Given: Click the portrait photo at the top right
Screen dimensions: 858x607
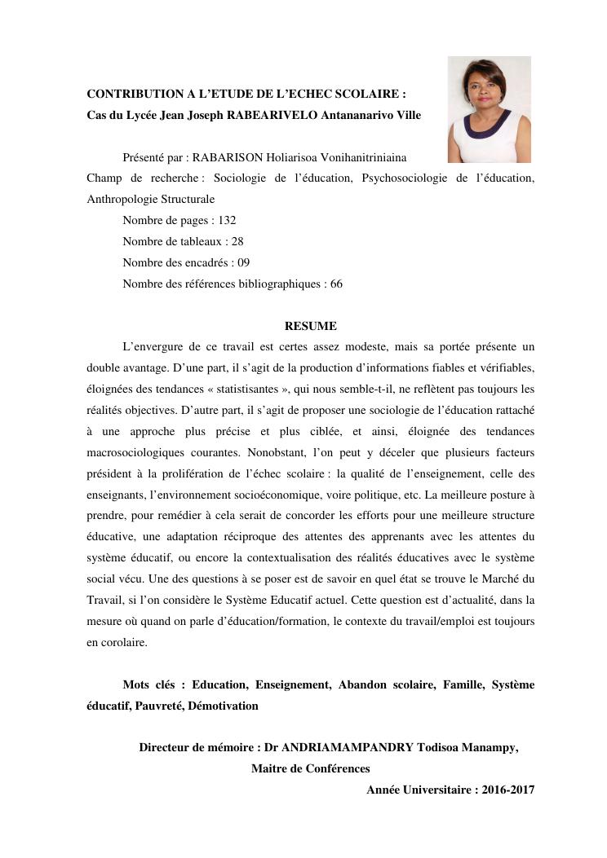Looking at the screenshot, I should [x=490, y=109].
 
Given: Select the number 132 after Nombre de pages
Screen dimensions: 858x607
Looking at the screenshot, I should [x=227, y=220].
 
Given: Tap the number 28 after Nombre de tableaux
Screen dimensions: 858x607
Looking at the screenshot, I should [x=237, y=241].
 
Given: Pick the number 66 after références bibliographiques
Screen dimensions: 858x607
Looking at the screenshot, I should [x=336, y=284].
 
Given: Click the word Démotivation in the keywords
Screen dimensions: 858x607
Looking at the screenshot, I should [x=223, y=706].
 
